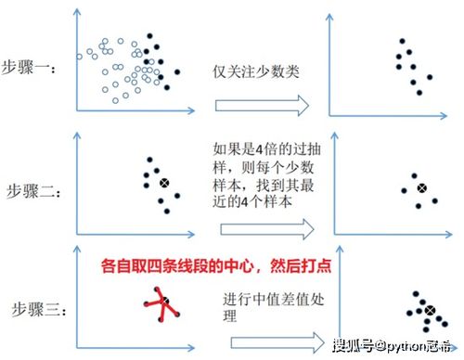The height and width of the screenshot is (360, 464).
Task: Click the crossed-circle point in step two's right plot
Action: (421, 189)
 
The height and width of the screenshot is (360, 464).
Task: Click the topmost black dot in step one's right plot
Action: (401, 42)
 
